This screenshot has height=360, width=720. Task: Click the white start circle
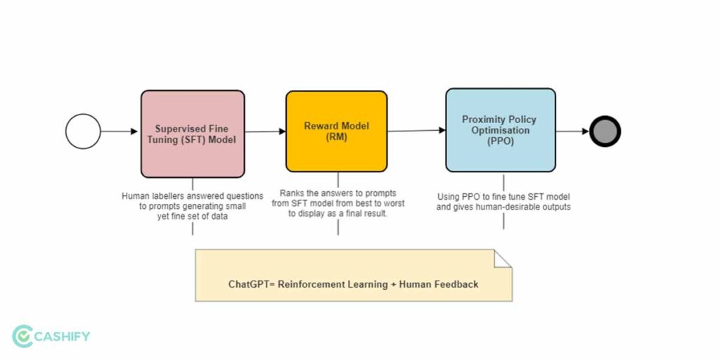click(83, 131)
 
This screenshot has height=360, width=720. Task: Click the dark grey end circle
click(605, 131)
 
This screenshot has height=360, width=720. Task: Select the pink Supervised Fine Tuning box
click(193, 134)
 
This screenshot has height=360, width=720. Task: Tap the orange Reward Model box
click(336, 131)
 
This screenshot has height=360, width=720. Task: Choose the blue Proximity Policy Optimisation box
click(501, 130)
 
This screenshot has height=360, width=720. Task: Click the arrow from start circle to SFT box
click(120, 131)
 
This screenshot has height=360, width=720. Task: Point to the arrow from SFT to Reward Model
click(265, 131)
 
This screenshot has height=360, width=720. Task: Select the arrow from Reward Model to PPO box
click(416, 131)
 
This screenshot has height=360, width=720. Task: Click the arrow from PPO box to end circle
click(572, 131)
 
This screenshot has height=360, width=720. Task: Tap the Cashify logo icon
click(23, 336)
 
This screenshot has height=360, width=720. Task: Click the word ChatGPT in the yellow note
click(247, 284)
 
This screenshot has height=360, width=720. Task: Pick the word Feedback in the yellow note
click(456, 284)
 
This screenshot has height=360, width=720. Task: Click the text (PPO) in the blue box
click(501, 141)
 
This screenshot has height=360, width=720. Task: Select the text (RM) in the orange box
click(336, 138)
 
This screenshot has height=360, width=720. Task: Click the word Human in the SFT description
click(136, 196)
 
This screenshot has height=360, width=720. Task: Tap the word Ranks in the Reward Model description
click(292, 193)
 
